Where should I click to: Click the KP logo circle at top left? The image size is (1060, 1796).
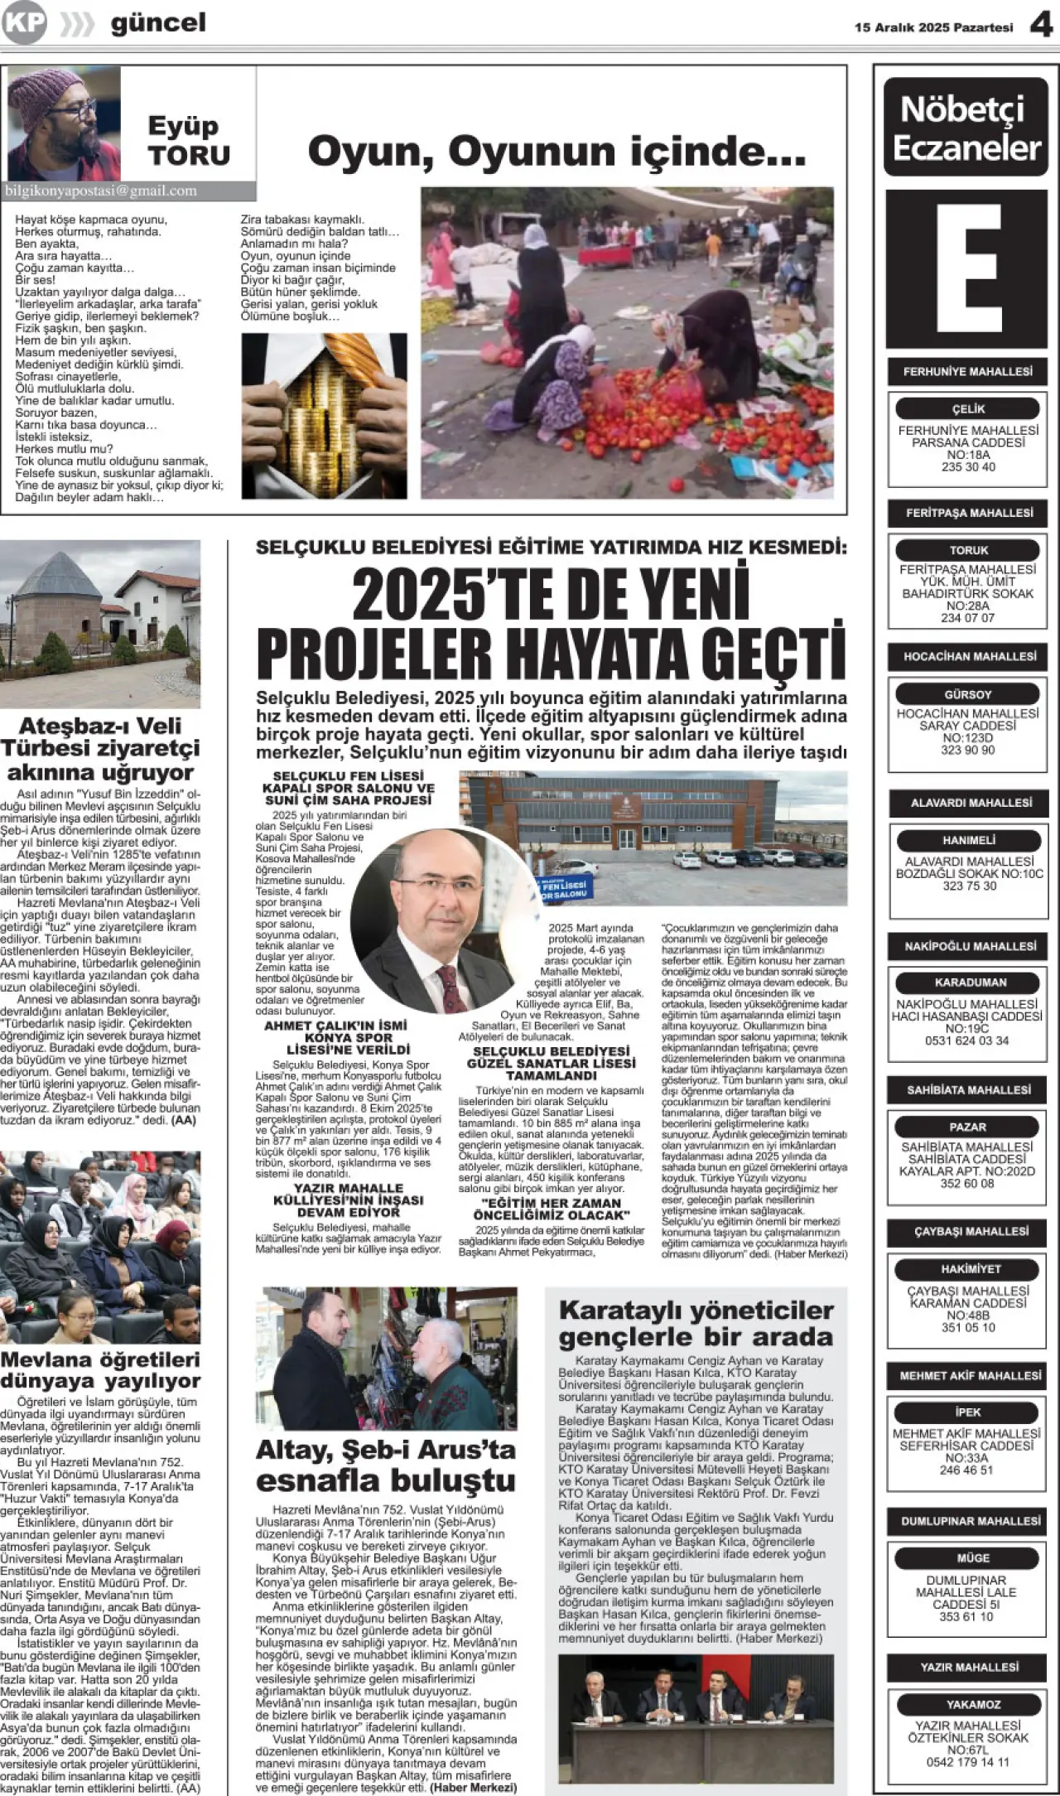click(23, 24)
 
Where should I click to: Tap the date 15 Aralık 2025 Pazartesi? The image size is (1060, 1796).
click(933, 27)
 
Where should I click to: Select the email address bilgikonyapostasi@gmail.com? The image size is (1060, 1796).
click(101, 191)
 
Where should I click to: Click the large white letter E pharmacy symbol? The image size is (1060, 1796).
click(966, 268)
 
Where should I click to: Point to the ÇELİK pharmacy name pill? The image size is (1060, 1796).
click(967, 408)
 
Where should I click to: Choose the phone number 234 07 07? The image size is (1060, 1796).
click(967, 618)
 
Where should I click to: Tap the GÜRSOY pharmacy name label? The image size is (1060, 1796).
click(967, 694)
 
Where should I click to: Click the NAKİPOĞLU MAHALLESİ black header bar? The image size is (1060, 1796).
click(968, 946)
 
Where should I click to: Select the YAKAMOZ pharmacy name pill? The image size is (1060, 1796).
click(967, 1704)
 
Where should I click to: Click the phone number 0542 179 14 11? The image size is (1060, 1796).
click(967, 1763)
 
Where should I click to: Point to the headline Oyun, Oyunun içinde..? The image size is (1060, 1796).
click(556, 152)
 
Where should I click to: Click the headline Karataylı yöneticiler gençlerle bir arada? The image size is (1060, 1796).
click(696, 1324)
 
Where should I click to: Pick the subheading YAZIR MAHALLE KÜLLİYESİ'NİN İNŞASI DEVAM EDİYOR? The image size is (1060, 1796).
click(349, 1200)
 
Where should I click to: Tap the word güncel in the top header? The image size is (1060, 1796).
click(158, 24)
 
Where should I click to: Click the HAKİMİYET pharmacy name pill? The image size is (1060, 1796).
click(967, 1269)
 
